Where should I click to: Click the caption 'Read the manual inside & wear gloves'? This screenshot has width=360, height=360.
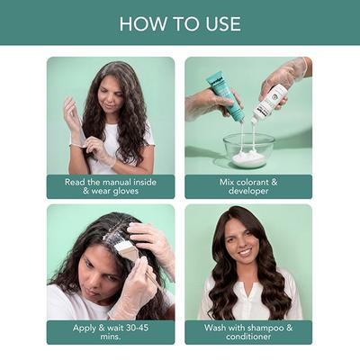pos(111,186)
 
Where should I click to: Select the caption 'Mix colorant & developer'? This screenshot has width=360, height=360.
pos(248,186)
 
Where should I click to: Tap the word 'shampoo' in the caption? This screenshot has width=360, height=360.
pos(273,327)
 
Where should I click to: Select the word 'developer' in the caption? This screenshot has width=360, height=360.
pos(248,192)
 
